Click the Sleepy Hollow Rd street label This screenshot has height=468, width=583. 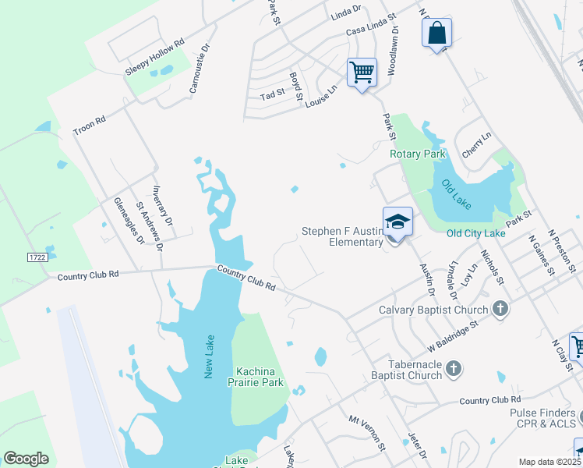coord(154,56)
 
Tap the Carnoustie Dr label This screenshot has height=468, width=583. coord(200,67)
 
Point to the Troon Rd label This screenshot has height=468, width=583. coord(89,126)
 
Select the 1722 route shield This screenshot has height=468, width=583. coord(37,257)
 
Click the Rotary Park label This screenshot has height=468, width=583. coord(418,154)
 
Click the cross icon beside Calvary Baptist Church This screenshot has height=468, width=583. coord(500,309)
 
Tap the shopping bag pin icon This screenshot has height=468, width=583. coord(437,34)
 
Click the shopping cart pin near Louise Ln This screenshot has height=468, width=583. coord(362,73)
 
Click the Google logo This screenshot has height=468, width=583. coord(26,459)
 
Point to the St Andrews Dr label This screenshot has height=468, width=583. coord(150,227)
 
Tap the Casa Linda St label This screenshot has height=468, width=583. coord(370,24)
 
